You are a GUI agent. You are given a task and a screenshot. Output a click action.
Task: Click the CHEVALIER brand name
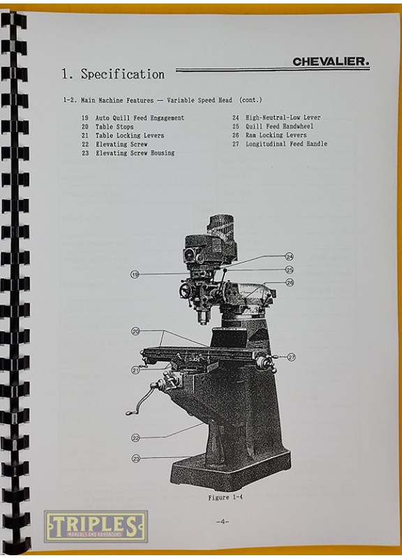pyautogui.click(x=331, y=61)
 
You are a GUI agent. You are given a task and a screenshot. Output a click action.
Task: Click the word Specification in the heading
pyautogui.click(x=123, y=74)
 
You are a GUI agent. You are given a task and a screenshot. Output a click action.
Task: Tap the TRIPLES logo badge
pyautogui.click(x=96, y=526)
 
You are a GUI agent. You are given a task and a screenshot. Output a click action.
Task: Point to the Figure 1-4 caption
pyautogui.click(x=225, y=497)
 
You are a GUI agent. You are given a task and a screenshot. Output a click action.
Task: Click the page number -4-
pyautogui.click(x=222, y=522)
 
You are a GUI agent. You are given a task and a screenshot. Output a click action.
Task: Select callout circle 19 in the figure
pyautogui.click(x=135, y=274)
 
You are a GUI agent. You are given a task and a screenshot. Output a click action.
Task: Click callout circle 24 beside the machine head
pyautogui.click(x=290, y=256)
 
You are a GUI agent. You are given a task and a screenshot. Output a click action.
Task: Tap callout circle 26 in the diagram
pyautogui.click(x=290, y=283)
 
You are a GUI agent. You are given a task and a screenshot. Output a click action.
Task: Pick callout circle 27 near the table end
pyautogui.click(x=291, y=357)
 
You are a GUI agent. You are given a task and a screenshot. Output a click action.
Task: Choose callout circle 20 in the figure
pyautogui.click(x=135, y=331)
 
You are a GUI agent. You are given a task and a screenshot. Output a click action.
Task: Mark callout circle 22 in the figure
pyautogui.click(x=135, y=438)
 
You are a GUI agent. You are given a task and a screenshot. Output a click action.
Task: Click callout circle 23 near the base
pyautogui.click(x=136, y=459)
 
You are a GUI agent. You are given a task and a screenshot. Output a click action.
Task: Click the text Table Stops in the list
pyautogui.click(x=114, y=127)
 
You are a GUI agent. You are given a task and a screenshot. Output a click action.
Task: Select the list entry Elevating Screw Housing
pyautogui.click(x=135, y=153)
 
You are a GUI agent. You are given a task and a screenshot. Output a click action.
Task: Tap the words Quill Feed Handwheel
pyautogui.click(x=279, y=126)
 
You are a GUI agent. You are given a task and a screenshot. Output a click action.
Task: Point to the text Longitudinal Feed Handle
pyautogui.click(x=286, y=144)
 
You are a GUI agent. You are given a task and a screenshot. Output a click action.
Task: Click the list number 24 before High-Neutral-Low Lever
pyautogui.click(x=236, y=117)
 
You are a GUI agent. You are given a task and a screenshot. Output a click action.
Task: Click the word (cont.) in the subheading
pyautogui.click(x=251, y=100)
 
